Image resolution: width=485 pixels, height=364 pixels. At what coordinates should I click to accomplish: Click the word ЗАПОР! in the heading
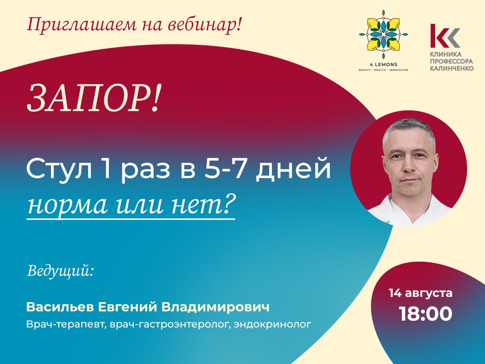93,99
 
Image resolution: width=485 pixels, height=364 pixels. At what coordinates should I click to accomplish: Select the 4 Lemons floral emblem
384,35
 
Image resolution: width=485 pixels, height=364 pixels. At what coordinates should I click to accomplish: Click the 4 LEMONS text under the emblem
384,65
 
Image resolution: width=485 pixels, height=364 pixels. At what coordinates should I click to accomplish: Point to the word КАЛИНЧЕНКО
451,68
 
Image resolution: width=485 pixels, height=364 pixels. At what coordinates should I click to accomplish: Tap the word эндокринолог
272,324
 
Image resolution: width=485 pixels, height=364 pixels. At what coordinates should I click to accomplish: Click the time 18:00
426,314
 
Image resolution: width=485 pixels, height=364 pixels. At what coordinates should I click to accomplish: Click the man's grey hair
409,131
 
